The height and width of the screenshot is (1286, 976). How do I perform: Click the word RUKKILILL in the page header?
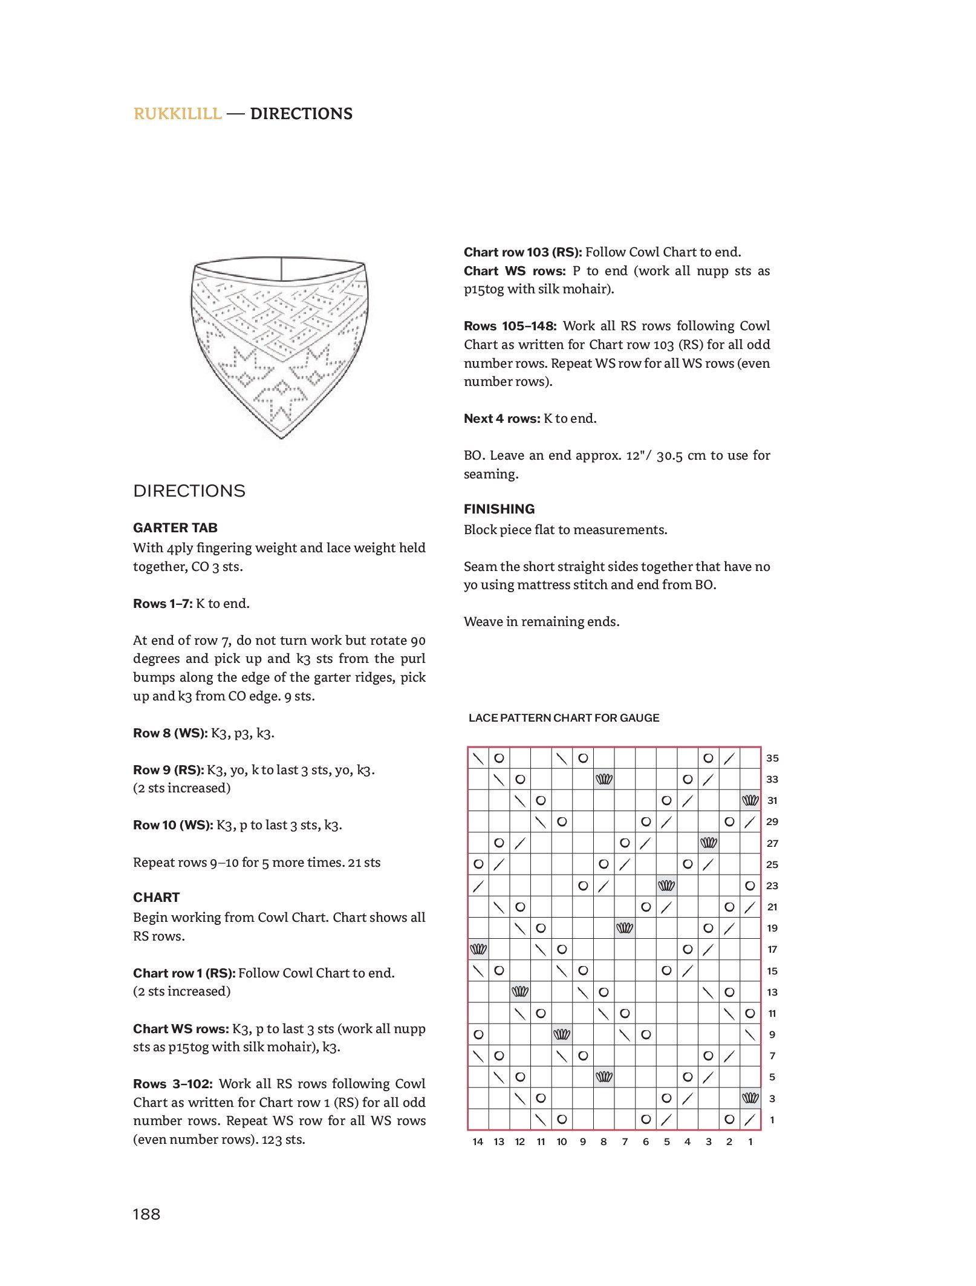[x=177, y=114]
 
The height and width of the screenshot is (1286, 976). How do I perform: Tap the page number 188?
[x=146, y=1214]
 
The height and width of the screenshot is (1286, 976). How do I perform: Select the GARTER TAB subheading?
[x=175, y=527]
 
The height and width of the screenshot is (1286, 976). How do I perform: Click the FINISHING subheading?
[x=499, y=509]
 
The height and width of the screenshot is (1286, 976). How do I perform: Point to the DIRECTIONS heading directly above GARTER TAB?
[x=189, y=491]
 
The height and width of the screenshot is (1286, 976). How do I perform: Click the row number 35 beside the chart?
[x=772, y=758]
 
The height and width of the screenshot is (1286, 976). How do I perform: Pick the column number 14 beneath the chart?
[x=478, y=1141]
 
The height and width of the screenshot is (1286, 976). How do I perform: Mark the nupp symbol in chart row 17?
[x=478, y=949]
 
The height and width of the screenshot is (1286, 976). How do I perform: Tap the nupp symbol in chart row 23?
[x=666, y=886]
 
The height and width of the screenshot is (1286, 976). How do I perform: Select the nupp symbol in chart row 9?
[x=562, y=1034]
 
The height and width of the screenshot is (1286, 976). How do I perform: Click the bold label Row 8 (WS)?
[x=170, y=733]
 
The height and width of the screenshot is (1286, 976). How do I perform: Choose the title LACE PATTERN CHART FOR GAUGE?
[x=564, y=718]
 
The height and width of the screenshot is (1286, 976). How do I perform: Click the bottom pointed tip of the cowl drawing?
[x=282, y=437]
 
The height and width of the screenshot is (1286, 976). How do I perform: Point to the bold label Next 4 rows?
[x=502, y=419]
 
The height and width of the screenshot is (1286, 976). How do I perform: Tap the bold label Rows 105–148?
[x=510, y=326]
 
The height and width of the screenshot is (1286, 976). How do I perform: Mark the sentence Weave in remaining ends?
[x=541, y=622]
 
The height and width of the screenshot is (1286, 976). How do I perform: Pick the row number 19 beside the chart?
[x=772, y=928]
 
